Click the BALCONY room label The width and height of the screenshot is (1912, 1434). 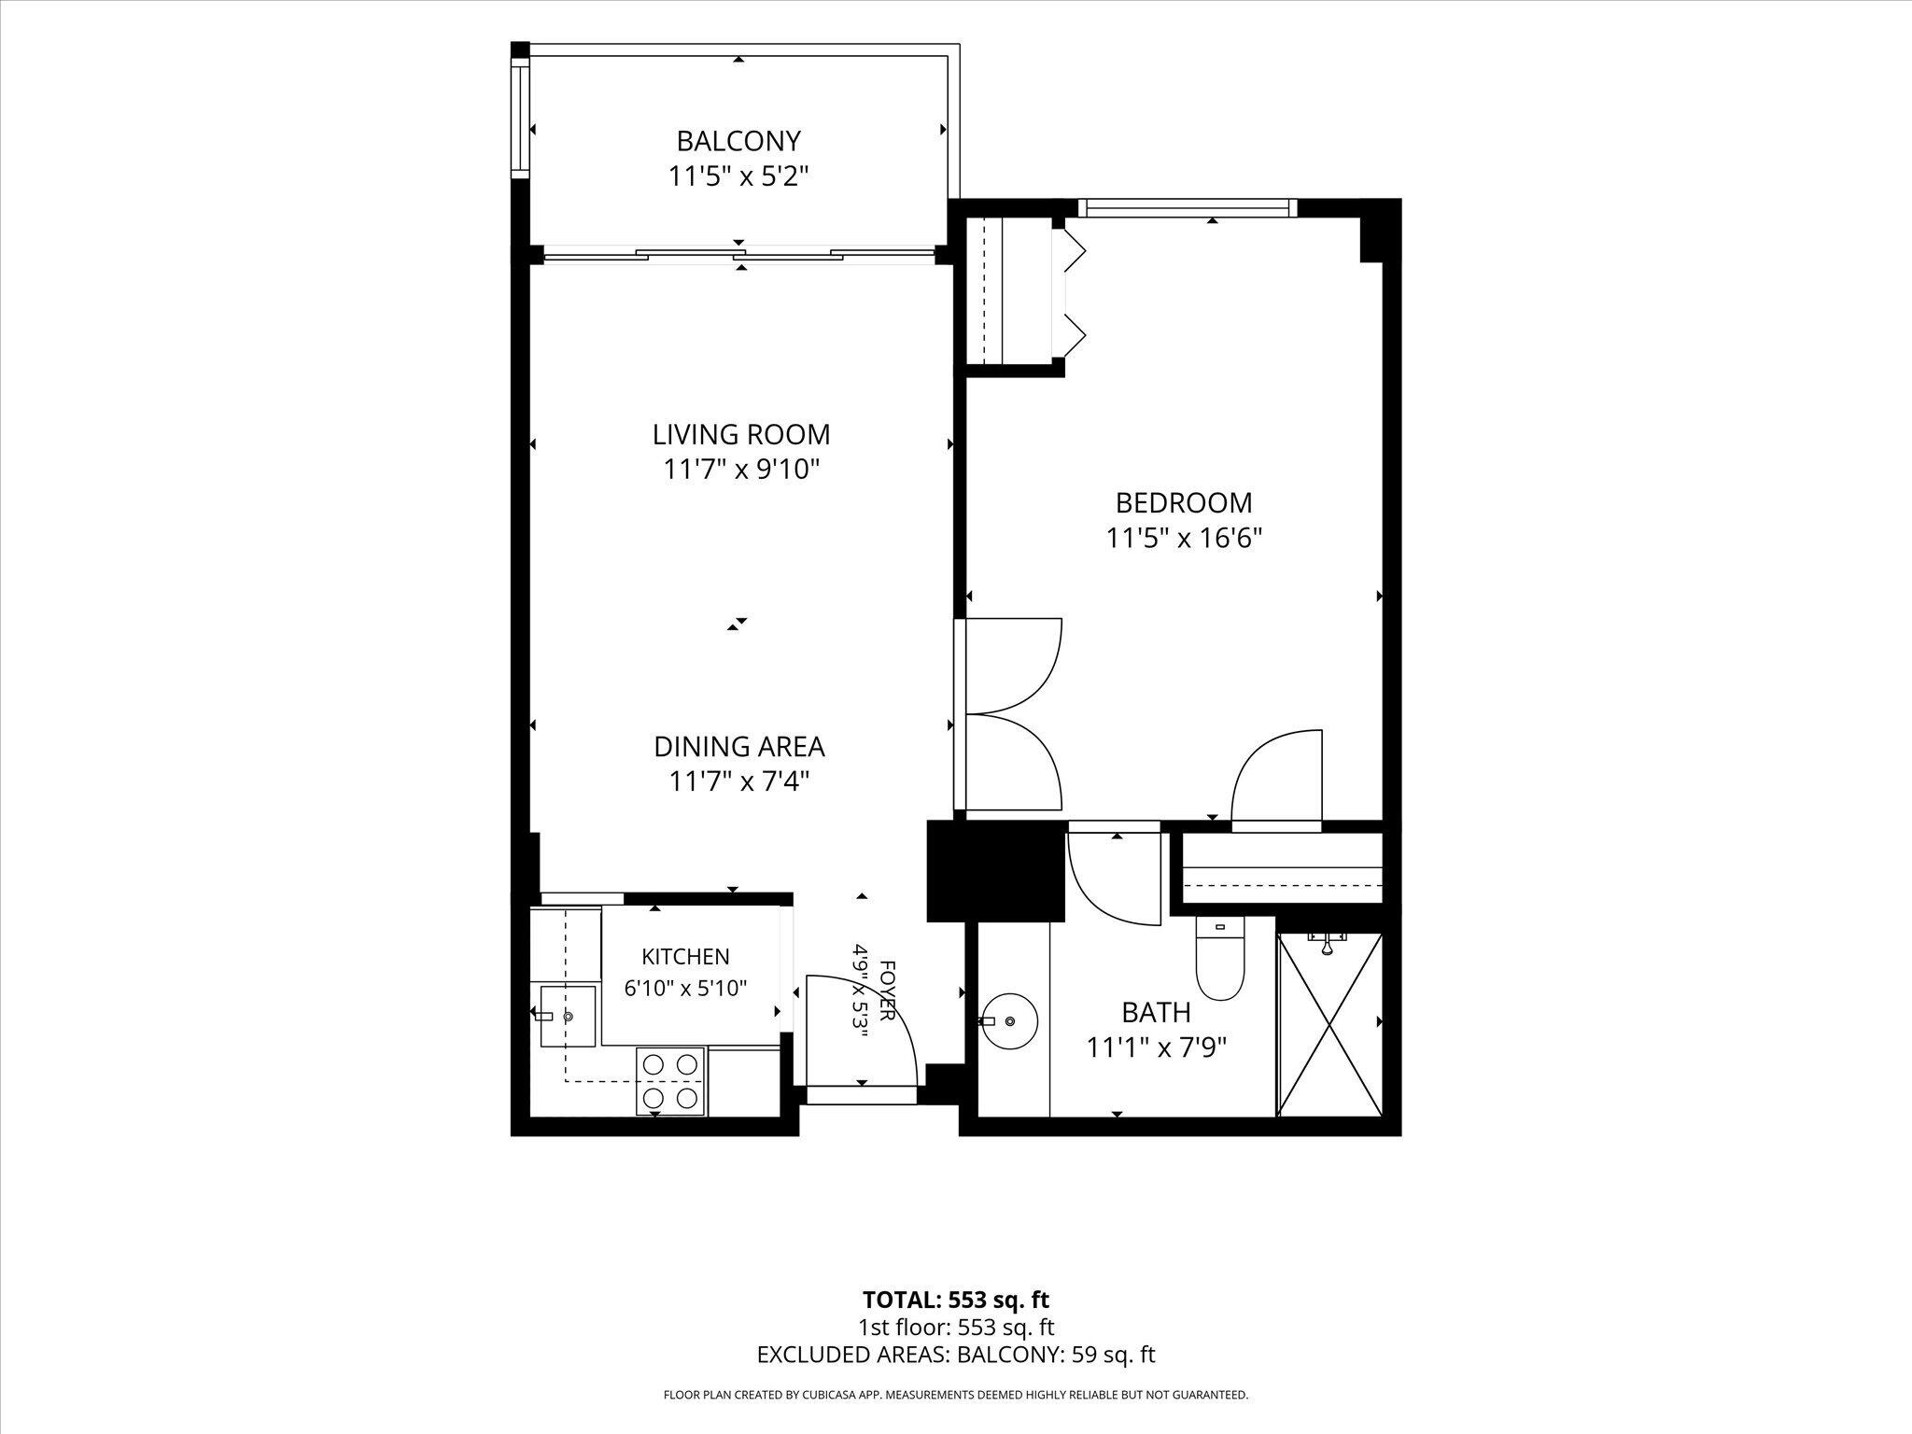click(x=738, y=141)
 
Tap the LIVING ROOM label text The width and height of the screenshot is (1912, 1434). click(x=741, y=435)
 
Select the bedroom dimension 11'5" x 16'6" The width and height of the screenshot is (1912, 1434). click(x=1184, y=539)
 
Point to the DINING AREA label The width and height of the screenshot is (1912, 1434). click(x=738, y=747)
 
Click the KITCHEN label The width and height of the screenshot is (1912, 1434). click(x=685, y=957)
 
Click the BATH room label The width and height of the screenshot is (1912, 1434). click(x=1156, y=1012)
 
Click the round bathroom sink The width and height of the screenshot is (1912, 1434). click(x=1009, y=1019)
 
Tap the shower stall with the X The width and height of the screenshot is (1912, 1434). click(x=1329, y=1023)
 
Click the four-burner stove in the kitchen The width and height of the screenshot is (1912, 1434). click(x=670, y=1081)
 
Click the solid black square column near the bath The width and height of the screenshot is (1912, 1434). click(x=995, y=871)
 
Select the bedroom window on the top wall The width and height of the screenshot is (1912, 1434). click(x=1188, y=208)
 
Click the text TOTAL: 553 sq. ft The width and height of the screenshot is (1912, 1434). click(x=956, y=1300)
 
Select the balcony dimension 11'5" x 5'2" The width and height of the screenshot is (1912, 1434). click(x=738, y=176)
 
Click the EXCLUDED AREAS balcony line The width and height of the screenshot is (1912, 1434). click(x=956, y=1355)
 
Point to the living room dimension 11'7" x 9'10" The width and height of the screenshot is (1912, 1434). click(x=741, y=470)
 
